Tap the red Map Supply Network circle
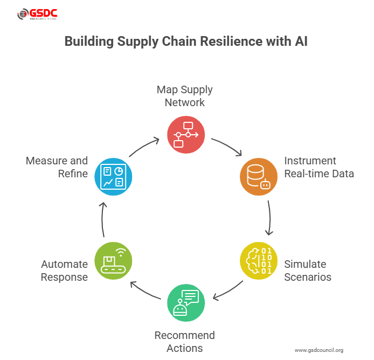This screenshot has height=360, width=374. click(x=185, y=134)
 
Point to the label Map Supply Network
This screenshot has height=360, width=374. click(x=185, y=95)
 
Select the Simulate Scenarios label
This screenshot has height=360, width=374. click(x=308, y=271)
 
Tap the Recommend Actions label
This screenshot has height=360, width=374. click(x=185, y=342)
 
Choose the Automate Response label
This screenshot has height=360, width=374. click(x=64, y=271)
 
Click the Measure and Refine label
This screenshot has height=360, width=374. click(x=57, y=167)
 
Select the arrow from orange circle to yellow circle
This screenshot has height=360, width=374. click(x=269, y=218)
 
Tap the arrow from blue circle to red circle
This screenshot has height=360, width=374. click(x=144, y=147)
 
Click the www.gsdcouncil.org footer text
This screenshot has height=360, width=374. click(x=319, y=350)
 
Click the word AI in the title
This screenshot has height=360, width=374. click(x=300, y=42)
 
